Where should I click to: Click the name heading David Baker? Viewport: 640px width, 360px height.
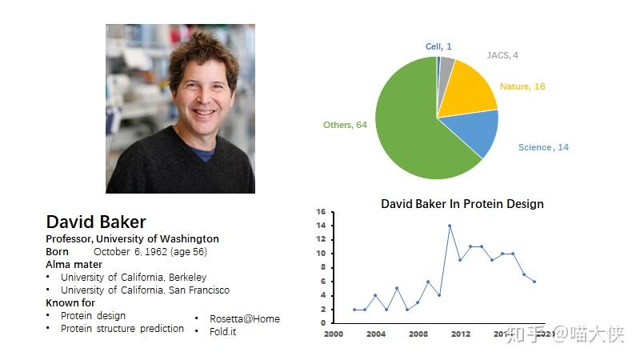(96, 222)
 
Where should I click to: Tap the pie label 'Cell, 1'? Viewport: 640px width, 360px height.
(438, 46)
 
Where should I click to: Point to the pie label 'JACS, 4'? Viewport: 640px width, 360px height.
(502, 55)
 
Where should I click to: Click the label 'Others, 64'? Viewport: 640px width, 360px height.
(345, 125)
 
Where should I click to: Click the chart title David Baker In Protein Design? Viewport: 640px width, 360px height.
(462, 204)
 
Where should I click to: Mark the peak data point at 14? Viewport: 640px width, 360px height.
(450, 226)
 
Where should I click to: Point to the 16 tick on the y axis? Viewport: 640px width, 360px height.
(320, 212)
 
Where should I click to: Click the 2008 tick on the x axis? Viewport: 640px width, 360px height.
(418, 334)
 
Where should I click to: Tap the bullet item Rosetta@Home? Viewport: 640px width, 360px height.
(245, 318)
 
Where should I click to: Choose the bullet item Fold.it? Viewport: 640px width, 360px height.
(223, 331)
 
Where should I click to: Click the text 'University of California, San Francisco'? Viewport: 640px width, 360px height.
(145, 290)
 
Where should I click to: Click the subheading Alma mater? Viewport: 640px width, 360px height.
(74, 264)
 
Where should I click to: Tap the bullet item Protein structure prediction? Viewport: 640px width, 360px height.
(122, 328)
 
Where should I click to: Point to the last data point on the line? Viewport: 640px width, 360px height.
(534, 282)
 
